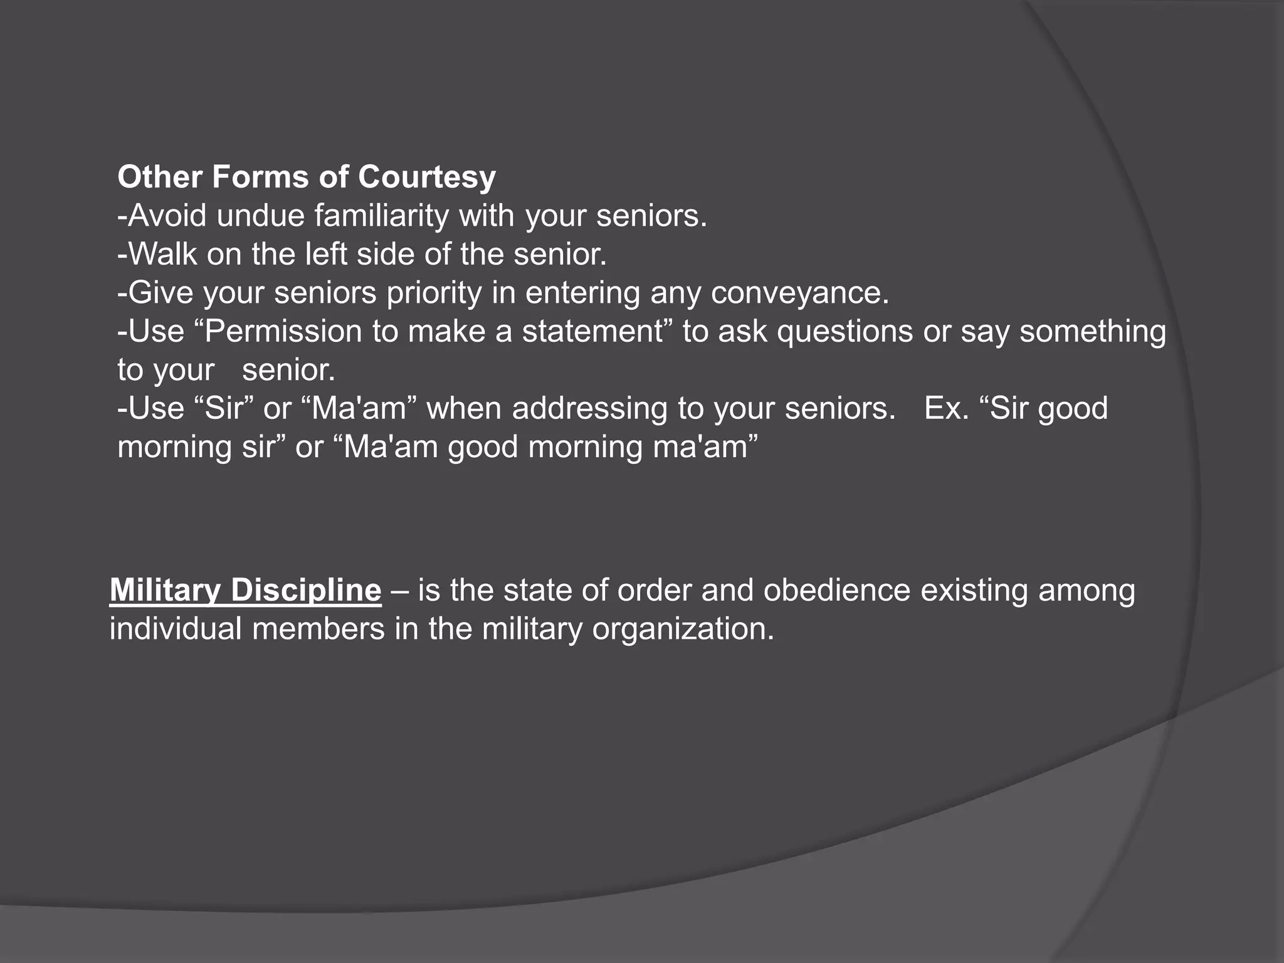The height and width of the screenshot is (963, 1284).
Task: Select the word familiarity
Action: pyautogui.click(x=381, y=216)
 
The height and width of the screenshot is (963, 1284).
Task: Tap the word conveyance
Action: pyautogui.click(x=799, y=293)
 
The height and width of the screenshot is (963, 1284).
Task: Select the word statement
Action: pyautogui.click(x=592, y=331)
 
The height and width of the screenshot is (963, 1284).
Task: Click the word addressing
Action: pyautogui.click(x=589, y=408)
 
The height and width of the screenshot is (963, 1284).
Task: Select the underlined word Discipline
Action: pyautogui.click(x=305, y=591)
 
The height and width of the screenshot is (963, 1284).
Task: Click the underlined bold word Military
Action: pyautogui.click(x=165, y=591)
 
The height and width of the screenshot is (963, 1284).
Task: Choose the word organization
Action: pyautogui.click(x=683, y=629)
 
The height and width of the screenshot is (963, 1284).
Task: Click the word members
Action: pyautogui.click(x=318, y=629)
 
